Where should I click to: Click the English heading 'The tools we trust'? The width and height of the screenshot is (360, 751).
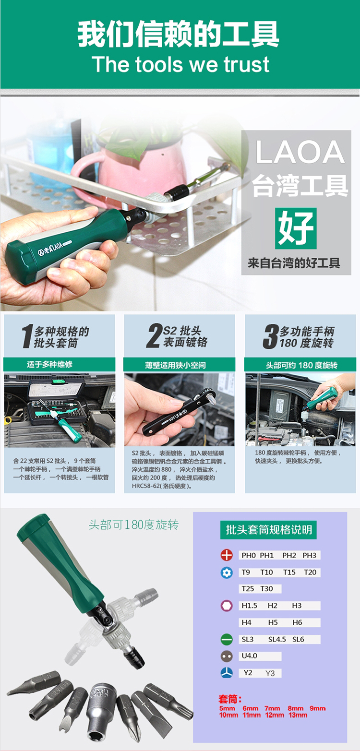[x=180, y=64]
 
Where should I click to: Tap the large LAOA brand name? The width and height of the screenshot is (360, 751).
[x=300, y=152]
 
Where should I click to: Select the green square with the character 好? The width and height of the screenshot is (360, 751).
[x=296, y=228]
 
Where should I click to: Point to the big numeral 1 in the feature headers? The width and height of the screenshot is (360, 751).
[x=27, y=336]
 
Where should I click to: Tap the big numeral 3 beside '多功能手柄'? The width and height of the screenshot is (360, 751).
[x=271, y=336]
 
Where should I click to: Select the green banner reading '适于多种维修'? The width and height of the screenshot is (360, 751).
[x=59, y=364]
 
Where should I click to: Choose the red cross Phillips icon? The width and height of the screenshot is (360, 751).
[x=227, y=555]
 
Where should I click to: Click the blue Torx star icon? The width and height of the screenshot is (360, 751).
[x=227, y=572]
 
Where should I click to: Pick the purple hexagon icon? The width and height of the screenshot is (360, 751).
[x=227, y=606]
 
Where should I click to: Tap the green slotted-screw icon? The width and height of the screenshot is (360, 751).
[x=227, y=639]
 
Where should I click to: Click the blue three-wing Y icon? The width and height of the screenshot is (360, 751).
[x=227, y=673]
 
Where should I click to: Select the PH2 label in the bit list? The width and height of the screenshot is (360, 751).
[x=289, y=555]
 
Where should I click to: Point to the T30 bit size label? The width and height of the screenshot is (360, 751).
[x=267, y=588]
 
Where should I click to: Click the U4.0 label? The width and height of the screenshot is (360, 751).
[x=249, y=656]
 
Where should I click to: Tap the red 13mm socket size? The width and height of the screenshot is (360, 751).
[x=298, y=715]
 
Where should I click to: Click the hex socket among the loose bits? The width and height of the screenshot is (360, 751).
[x=101, y=710]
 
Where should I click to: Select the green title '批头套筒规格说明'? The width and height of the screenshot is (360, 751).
[x=268, y=530]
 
